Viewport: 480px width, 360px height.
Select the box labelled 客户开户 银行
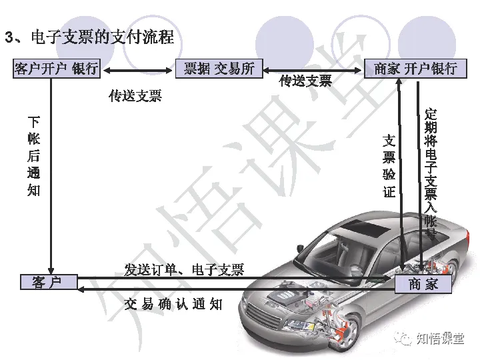pos(57,69)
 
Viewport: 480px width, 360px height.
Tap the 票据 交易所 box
pos(219,69)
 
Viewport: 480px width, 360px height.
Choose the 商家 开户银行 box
pos(415,69)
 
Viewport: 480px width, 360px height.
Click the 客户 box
pos(49,283)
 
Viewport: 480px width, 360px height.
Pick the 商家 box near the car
pos(423,284)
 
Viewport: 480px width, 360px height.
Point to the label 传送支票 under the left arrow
pos(135,96)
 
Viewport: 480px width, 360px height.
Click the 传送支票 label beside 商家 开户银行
pos(305,81)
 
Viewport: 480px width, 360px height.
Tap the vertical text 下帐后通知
pos(34,156)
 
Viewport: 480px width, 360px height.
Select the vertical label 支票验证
pos(389,167)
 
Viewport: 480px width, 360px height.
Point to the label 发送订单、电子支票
pos(185,269)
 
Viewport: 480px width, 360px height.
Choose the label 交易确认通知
pos(173,304)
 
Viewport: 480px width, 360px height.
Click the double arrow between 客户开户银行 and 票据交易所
pos(138,69)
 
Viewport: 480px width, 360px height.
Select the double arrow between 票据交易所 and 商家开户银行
pos(313,69)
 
